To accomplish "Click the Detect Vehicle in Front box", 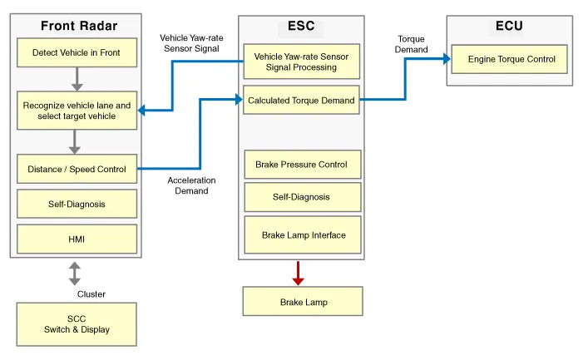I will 77,53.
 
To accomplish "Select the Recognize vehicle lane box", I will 77,111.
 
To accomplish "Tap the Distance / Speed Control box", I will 77,170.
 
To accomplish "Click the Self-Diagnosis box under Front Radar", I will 77,204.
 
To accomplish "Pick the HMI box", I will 77,239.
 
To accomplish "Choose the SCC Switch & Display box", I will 77,324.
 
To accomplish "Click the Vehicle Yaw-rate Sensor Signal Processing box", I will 301,62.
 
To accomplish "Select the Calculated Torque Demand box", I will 301,101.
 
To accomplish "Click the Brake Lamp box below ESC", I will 303,302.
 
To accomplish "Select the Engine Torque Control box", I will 511,60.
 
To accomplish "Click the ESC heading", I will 301,26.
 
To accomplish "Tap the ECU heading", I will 509,26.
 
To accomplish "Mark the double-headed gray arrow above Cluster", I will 75,274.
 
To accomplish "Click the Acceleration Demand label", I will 191,185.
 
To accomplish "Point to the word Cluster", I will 91,294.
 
